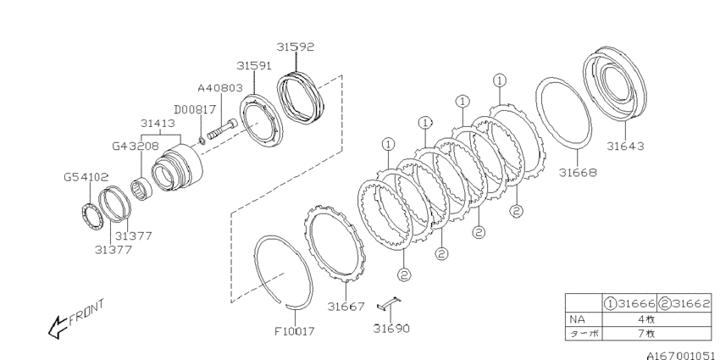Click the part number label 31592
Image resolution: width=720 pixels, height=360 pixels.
tap(296, 47)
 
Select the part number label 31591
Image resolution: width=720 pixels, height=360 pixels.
tap(254, 66)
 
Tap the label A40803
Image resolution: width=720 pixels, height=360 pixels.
tap(220, 88)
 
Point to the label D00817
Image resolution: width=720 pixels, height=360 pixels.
tap(195, 110)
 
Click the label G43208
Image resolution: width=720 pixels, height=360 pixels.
tap(136, 147)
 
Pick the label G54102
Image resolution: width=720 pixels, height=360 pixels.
tap(86, 177)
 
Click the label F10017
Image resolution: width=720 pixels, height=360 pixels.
tap(295, 330)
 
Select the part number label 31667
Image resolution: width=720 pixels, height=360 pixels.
tap(346, 307)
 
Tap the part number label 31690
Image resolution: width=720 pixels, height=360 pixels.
tap(391, 329)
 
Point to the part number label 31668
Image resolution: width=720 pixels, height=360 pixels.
tap(578, 173)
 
